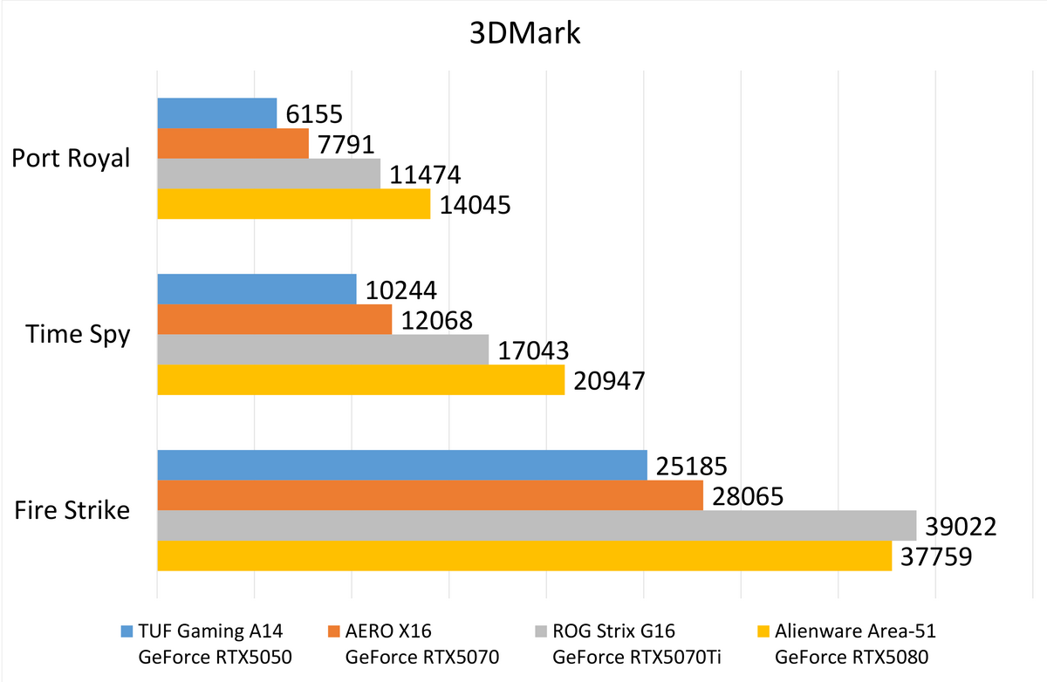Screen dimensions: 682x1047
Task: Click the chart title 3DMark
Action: coord(523,35)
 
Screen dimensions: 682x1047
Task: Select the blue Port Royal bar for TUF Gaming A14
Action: coord(216,113)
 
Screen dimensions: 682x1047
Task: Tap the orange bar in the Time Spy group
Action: coord(274,319)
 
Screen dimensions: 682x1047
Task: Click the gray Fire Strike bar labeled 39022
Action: coord(536,525)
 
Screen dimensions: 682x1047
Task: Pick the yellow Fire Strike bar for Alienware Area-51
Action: coord(523,556)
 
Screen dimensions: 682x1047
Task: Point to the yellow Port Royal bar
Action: coord(293,204)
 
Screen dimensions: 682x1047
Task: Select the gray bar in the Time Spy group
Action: coord(323,350)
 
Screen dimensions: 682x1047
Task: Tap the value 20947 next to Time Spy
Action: coord(609,380)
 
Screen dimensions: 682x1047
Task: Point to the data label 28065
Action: coord(748,496)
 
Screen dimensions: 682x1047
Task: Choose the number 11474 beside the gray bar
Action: coord(425,175)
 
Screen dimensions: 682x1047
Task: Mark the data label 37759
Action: coord(936,556)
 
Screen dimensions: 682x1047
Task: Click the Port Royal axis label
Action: coord(71,159)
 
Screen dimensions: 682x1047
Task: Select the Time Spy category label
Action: coord(78,335)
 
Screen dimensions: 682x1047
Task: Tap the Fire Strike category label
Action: coord(72,510)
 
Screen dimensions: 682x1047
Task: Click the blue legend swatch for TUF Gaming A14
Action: coord(127,631)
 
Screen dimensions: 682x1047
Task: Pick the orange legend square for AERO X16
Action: coord(334,631)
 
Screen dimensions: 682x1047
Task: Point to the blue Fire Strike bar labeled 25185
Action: coord(401,466)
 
